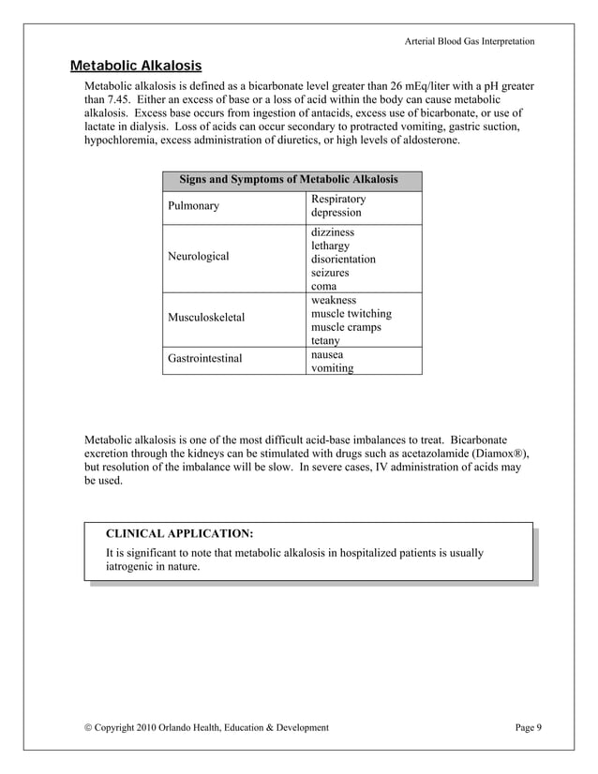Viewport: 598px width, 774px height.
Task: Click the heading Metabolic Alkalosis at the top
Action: (136, 67)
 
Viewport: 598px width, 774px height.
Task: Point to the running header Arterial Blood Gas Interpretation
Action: (470, 41)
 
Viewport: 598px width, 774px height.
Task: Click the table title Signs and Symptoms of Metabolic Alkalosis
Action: (288, 180)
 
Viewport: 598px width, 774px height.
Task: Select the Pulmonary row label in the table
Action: (193, 206)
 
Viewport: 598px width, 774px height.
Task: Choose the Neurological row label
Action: (198, 256)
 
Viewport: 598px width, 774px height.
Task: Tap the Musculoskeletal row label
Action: (206, 318)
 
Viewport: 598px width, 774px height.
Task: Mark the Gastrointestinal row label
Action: (204, 359)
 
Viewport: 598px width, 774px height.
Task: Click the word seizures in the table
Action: (330, 273)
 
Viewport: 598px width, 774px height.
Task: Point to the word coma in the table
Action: (323, 287)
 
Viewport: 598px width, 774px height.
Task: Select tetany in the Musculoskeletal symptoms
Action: (325, 341)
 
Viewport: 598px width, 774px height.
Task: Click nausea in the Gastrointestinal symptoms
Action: (327, 355)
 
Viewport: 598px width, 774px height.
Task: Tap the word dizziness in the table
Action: (333, 231)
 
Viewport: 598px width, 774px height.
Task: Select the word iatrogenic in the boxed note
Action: (132, 567)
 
